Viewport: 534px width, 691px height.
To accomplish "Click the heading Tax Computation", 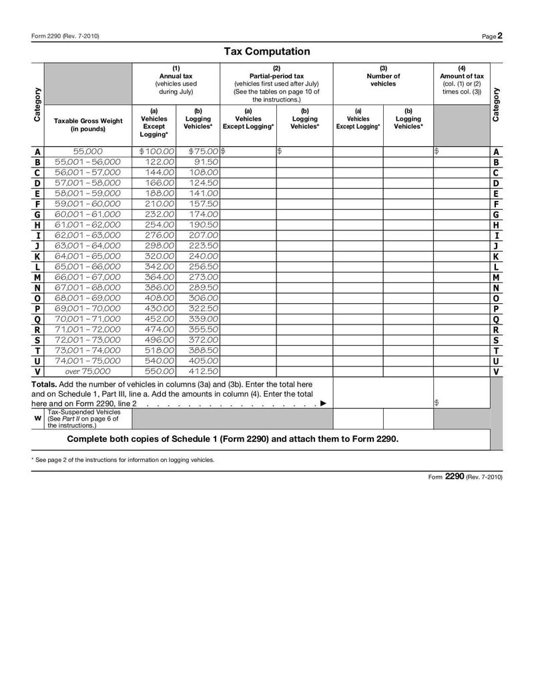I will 266,51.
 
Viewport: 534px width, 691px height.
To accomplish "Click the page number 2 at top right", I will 500,36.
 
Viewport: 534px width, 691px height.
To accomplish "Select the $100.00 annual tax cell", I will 157,152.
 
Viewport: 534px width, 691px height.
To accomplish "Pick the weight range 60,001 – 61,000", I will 87,214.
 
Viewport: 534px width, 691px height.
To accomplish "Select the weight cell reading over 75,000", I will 87,371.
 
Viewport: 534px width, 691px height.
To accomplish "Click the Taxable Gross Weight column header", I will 88,125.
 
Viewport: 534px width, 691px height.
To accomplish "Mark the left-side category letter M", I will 37,277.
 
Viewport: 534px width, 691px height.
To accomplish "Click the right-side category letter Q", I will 496,319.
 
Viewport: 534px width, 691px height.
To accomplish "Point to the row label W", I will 37,419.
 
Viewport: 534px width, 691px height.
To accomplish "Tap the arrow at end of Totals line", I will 323,403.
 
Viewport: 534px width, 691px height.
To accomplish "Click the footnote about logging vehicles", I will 123,460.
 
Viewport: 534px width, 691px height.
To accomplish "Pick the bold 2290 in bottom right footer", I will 454,477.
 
